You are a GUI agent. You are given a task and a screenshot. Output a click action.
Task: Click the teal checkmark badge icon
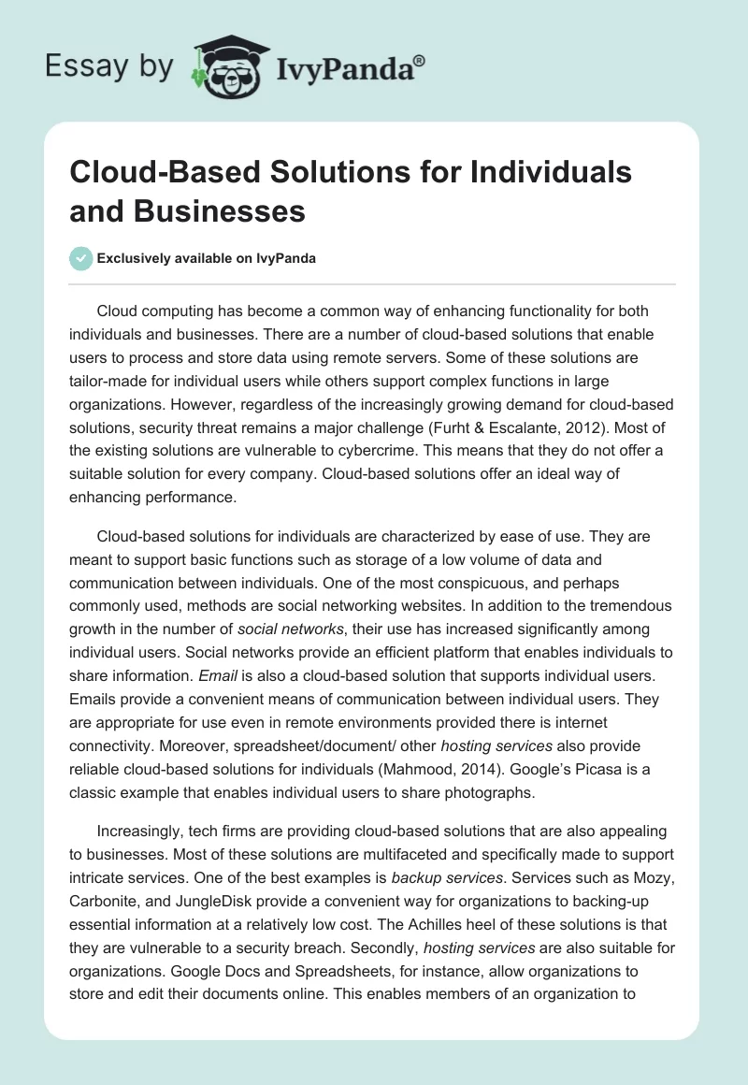(x=80, y=258)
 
